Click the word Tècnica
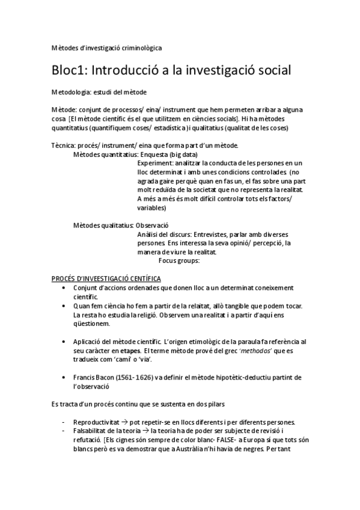tap(64, 146)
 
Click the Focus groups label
tap(178, 260)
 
